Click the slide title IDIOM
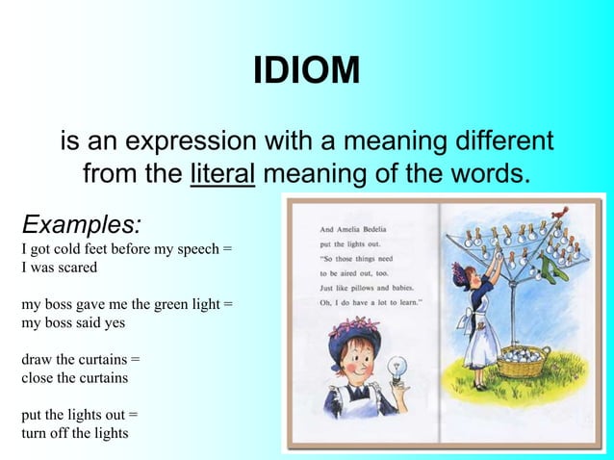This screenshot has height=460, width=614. click(306, 70)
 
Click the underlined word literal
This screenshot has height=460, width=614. click(222, 175)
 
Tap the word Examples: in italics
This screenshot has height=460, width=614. click(82, 225)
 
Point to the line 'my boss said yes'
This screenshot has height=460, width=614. click(73, 322)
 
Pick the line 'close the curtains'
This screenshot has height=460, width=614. click(74, 377)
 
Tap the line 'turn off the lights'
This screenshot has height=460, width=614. click(74, 432)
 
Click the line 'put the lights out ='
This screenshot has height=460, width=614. click(79, 415)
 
